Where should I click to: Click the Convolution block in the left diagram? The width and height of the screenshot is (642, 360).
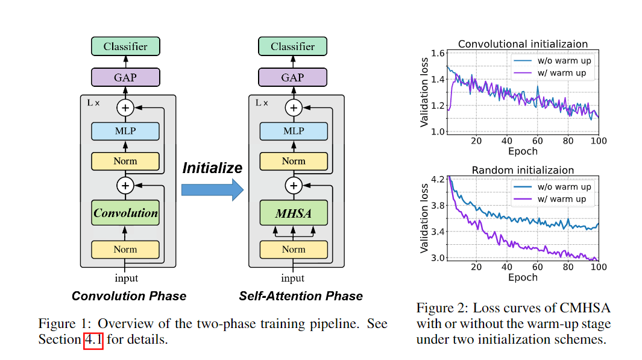[x=125, y=213]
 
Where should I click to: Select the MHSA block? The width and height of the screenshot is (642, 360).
[x=293, y=213]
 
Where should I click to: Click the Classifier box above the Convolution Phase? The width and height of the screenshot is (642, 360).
[x=125, y=46]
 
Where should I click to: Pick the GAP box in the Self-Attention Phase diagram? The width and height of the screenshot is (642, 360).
[x=293, y=77]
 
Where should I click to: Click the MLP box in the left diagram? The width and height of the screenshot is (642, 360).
[x=125, y=131]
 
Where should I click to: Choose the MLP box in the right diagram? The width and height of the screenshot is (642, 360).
[x=293, y=131]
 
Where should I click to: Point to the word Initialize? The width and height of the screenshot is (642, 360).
[x=212, y=168]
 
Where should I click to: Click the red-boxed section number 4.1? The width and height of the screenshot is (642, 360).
[x=93, y=339]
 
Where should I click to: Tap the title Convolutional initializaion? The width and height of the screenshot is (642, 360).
[x=523, y=44]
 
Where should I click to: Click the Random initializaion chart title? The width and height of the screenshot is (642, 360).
[x=523, y=170]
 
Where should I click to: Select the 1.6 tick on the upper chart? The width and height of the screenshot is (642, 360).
[x=437, y=54]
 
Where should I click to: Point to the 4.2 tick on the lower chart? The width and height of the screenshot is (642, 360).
[x=437, y=179]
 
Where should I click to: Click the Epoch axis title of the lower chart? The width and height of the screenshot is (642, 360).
[x=523, y=277]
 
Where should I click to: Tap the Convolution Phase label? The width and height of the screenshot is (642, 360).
[x=129, y=296]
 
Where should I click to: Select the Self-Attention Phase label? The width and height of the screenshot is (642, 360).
[x=301, y=296]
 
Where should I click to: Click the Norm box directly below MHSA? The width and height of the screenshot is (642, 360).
[x=293, y=249]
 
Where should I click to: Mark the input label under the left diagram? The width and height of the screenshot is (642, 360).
[x=126, y=278]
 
